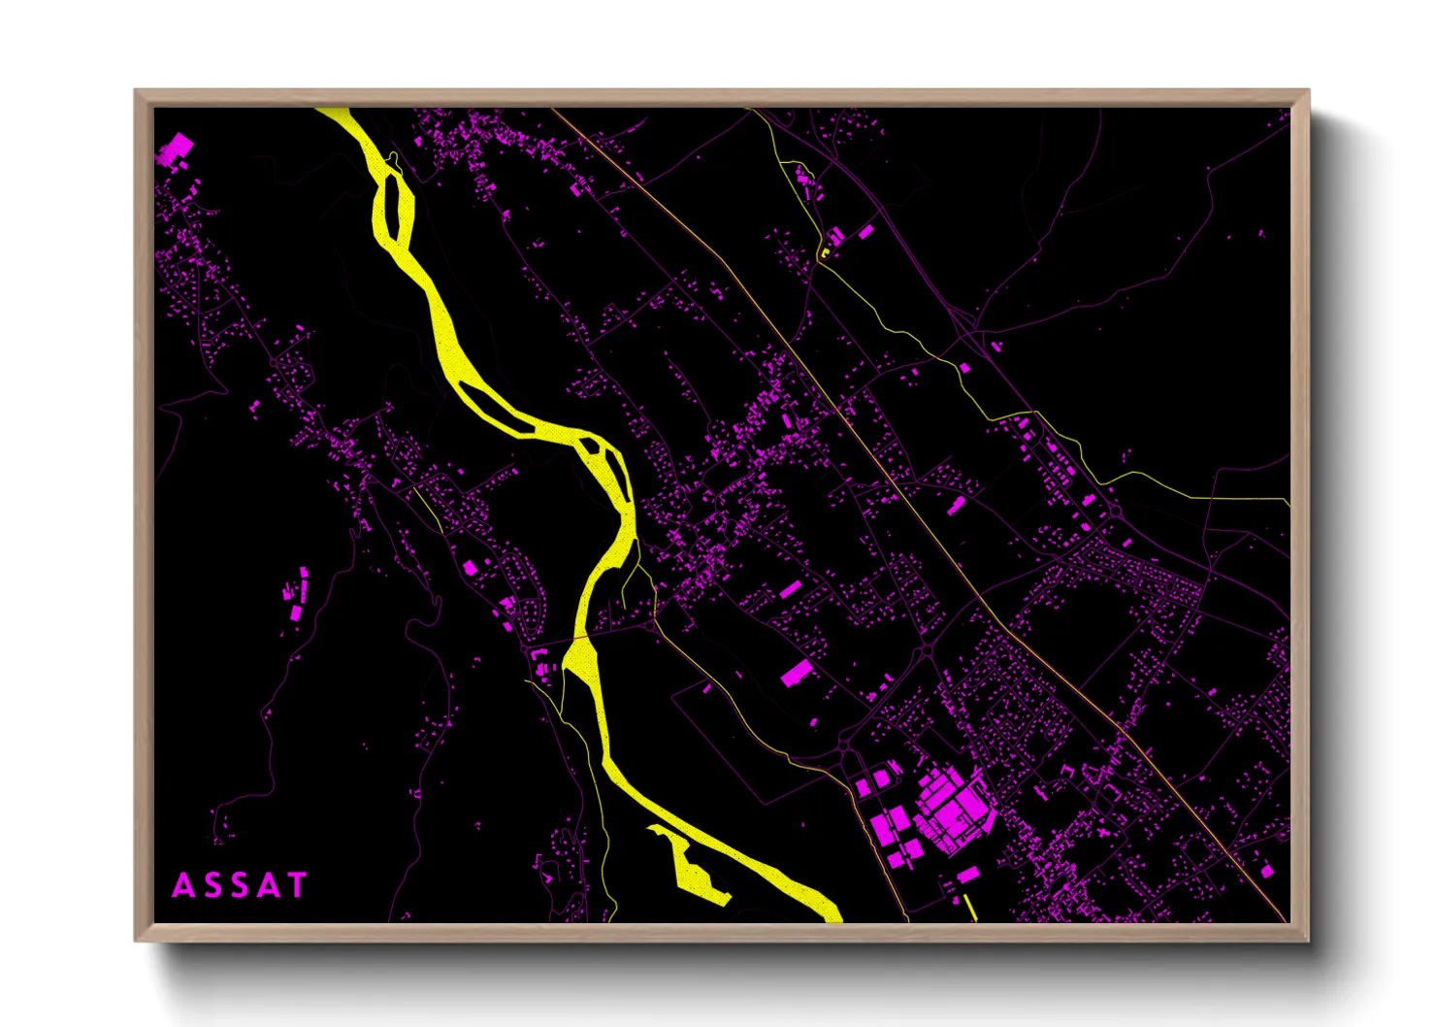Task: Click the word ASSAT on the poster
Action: tap(240, 885)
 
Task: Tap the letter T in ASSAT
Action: tap(296, 885)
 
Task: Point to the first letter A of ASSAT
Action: tap(183, 885)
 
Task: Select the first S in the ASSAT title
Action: tap(212, 885)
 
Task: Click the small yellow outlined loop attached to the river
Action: tap(394, 159)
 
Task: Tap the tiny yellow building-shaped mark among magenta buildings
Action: tap(826, 252)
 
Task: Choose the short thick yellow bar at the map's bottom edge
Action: tap(970, 909)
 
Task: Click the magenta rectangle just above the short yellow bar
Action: tap(967, 875)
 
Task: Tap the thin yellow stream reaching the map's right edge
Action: tap(1203, 497)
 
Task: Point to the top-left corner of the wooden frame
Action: tap(136, 91)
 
